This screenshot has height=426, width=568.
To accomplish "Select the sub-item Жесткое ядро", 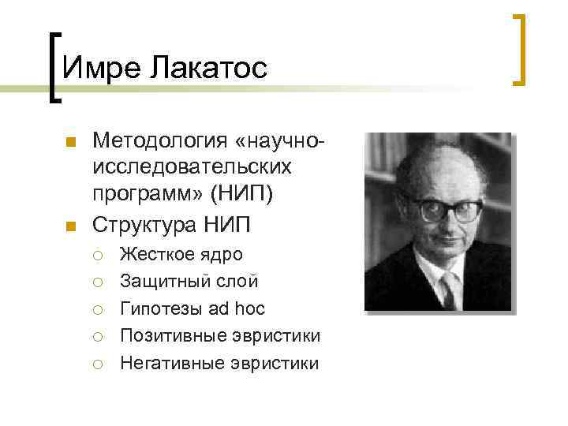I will coord(181,254).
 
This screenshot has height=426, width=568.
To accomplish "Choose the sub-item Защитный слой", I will coord(189,281).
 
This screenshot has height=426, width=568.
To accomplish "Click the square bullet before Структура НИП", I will coord(69,226).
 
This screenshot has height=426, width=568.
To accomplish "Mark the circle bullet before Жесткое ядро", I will coord(97,255).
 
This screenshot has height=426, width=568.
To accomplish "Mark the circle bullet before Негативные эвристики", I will coord(97,364).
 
